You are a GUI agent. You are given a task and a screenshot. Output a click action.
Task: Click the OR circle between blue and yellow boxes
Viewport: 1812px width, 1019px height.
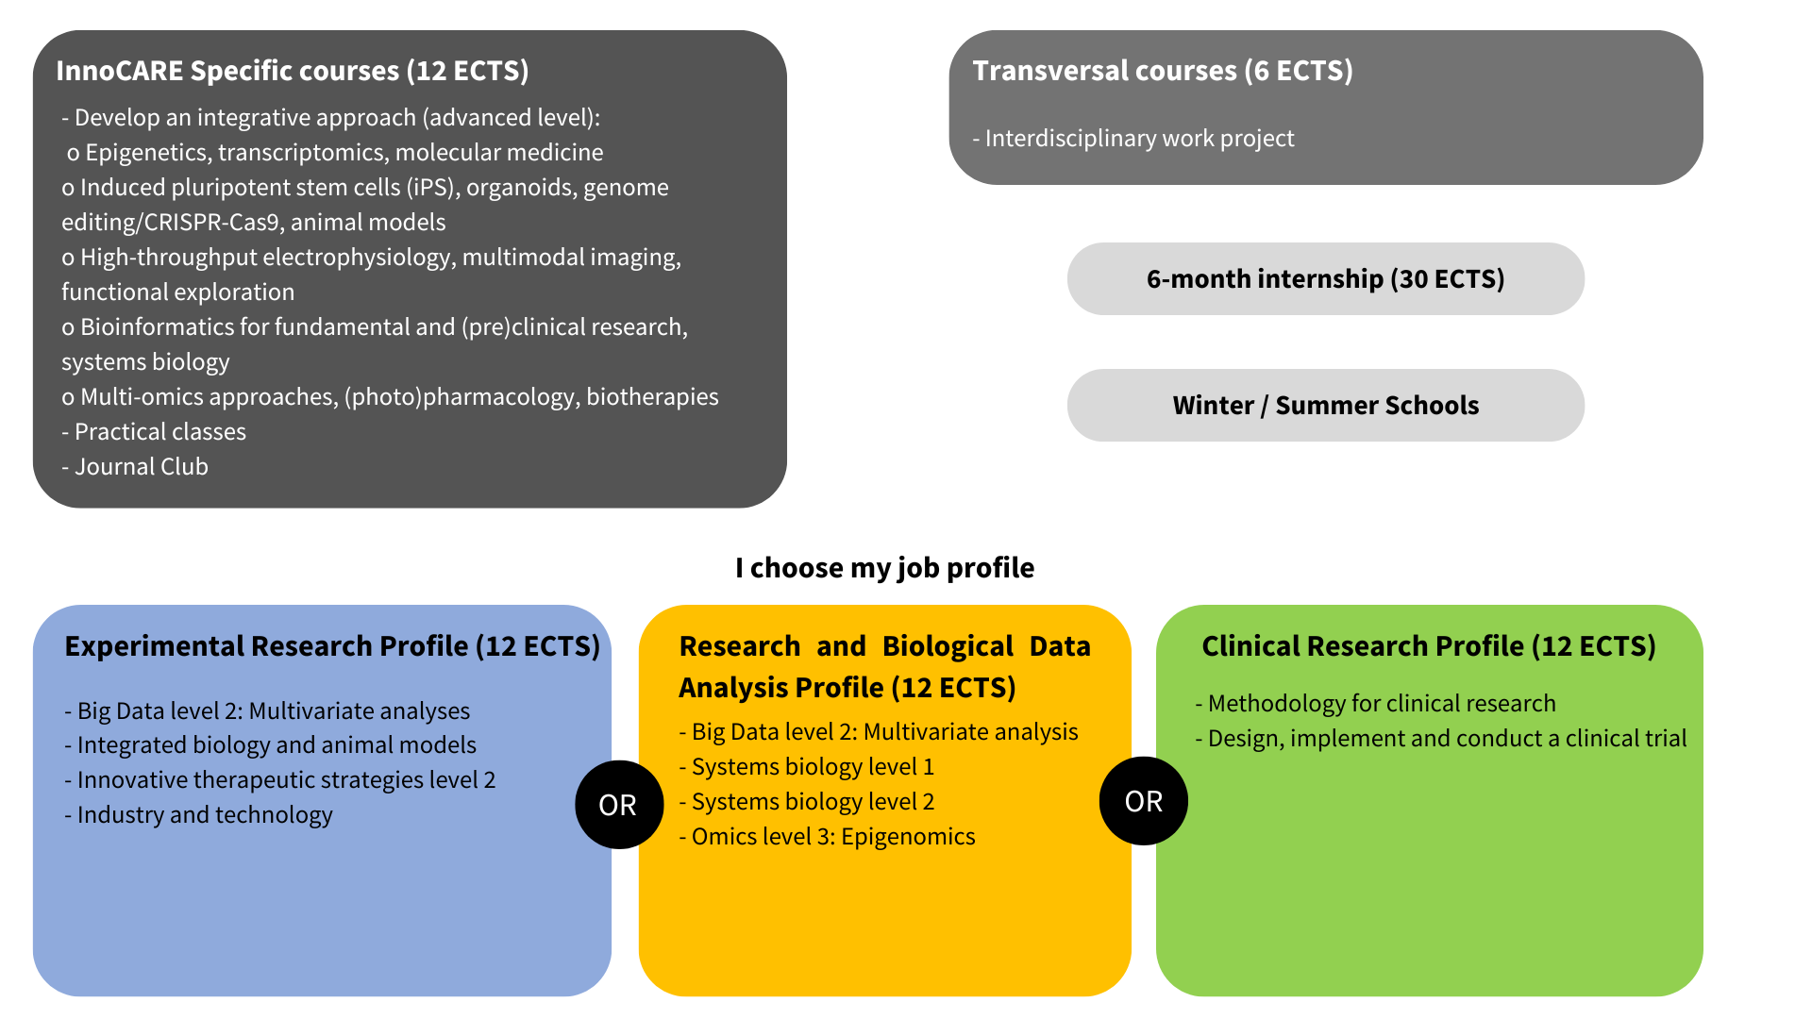(x=618, y=805)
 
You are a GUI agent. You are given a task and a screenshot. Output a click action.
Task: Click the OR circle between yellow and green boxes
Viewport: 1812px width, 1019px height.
(x=1143, y=801)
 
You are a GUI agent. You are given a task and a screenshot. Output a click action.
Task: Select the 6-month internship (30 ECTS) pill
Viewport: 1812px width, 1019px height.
(x=1325, y=279)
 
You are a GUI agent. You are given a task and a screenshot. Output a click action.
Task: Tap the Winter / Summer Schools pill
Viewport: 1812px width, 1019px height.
(x=1325, y=406)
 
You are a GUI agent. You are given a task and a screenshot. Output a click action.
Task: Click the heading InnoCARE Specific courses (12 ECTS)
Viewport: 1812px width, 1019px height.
(x=293, y=71)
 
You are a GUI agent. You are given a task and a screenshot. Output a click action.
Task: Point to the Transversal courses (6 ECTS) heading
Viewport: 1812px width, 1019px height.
(x=1163, y=71)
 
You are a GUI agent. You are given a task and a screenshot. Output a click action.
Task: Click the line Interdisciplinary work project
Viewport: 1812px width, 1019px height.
(x=1139, y=139)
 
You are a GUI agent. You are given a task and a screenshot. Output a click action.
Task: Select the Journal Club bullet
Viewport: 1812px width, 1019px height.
(x=141, y=467)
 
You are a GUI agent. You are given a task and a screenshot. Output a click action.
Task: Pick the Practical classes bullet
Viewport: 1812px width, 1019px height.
(x=159, y=432)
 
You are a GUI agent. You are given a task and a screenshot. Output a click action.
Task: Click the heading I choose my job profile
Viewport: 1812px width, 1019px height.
(x=884, y=568)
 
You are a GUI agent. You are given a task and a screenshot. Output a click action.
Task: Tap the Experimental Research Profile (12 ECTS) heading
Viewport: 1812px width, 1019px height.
(x=332, y=646)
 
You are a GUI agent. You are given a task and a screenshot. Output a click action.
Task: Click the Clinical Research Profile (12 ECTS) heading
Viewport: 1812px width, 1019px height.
(x=1429, y=646)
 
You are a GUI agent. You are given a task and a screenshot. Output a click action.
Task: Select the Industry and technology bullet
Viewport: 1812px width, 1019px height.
(x=204, y=815)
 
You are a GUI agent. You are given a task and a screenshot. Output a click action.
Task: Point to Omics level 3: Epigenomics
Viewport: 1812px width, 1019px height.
(x=832, y=837)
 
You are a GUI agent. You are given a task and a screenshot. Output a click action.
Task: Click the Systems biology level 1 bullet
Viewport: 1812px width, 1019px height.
(x=812, y=767)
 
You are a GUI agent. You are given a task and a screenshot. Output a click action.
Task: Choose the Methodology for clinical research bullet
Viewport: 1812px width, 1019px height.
(x=1381, y=704)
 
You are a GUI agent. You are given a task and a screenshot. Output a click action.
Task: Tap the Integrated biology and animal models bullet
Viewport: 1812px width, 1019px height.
(x=276, y=745)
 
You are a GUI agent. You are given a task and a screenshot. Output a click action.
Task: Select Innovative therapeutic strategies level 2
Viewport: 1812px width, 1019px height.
(x=285, y=780)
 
